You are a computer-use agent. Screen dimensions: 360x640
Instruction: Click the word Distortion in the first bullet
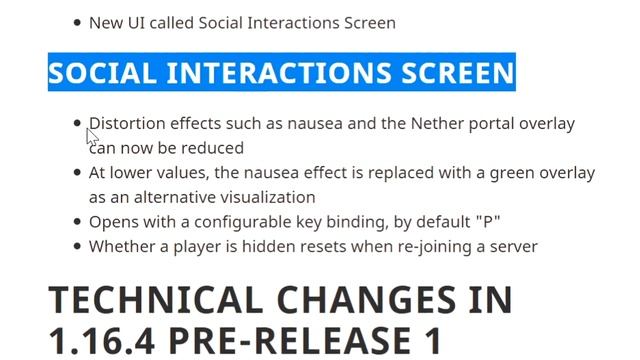coord(126,124)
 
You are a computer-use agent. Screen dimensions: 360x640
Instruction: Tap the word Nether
coord(408,124)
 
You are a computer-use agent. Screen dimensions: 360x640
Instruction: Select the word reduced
coord(213,148)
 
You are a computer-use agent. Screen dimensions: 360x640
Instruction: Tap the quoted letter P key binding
coord(490,222)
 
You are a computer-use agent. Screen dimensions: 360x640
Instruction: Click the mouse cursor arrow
coord(92,135)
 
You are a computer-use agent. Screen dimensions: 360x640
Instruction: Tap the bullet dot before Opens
coord(78,222)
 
